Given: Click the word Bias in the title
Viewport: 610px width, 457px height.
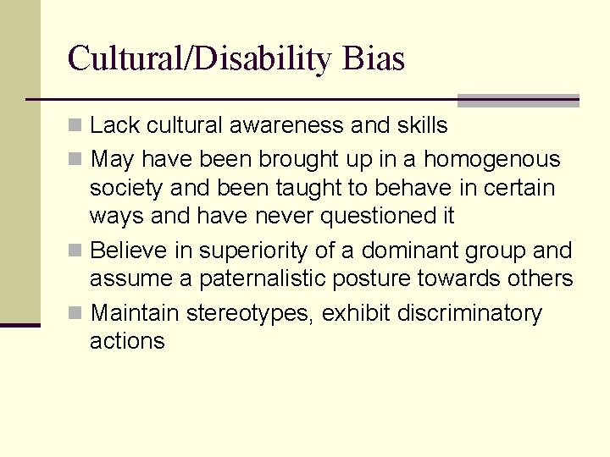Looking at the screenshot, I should [374, 58].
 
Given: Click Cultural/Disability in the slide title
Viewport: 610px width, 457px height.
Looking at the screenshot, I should [202, 59].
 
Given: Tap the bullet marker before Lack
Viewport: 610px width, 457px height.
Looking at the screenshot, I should [76, 126].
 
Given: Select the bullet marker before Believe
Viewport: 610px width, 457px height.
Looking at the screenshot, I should [76, 251].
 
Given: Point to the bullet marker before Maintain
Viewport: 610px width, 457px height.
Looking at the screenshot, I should [76, 314].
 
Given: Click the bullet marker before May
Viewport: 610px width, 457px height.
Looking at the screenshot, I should [76, 159].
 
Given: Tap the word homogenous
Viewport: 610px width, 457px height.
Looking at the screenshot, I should [491, 159].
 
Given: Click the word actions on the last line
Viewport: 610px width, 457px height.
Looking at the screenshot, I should [127, 341].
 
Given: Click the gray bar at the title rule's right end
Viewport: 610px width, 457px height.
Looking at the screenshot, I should [518, 100].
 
